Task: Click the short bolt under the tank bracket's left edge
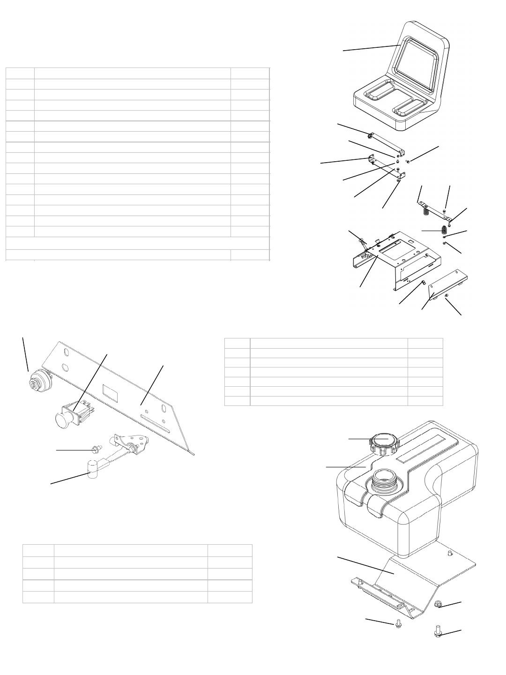(x=397, y=624)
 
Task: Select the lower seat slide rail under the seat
(x=388, y=167)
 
